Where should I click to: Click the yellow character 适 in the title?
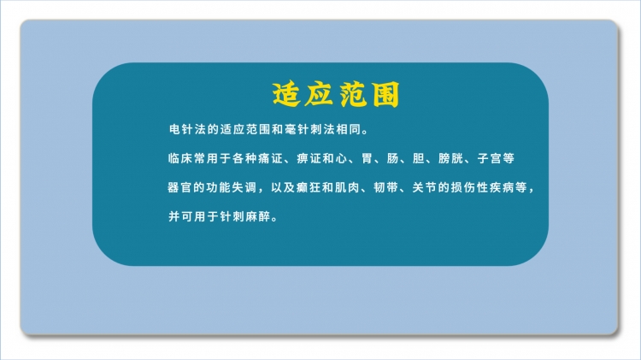286,95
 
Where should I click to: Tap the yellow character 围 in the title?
385,95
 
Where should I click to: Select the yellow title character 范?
352,95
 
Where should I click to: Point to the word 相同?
349,130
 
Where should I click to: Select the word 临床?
180,158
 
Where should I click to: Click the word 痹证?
309,158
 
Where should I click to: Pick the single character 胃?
367,158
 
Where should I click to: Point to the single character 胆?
418,158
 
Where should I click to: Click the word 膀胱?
450,158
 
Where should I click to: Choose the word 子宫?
490,158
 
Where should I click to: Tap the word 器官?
179,188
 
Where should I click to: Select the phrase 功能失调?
231,188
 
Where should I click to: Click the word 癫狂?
309,188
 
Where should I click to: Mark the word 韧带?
386,188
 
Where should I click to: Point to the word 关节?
424,188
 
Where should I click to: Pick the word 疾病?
502,188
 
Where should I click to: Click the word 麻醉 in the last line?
258,216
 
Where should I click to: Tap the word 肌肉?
347,188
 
